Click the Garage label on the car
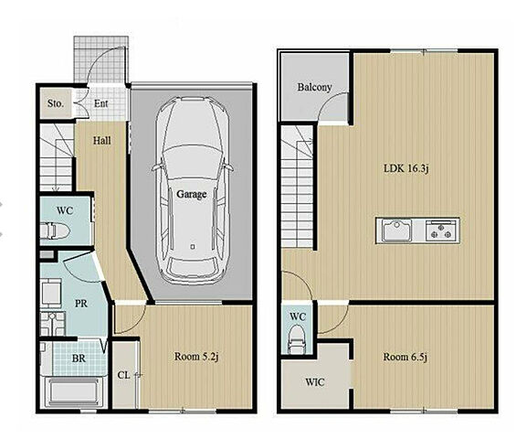(x=192, y=194)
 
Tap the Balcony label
(x=314, y=87)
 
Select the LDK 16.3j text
(x=406, y=168)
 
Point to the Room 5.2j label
(x=196, y=357)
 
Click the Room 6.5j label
(x=405, y=357)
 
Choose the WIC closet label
(x=315, y=382)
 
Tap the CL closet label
(x=123, y=375)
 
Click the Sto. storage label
(x=56, y=103)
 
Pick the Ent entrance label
(x=100, y=103)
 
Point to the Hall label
(x=101, y=141)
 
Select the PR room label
(x=81, y=304)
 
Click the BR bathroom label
(x=79, y=359)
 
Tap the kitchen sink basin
(x=397, y=230)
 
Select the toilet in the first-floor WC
(x=55, y=230)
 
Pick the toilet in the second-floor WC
(x=296, y=338)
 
